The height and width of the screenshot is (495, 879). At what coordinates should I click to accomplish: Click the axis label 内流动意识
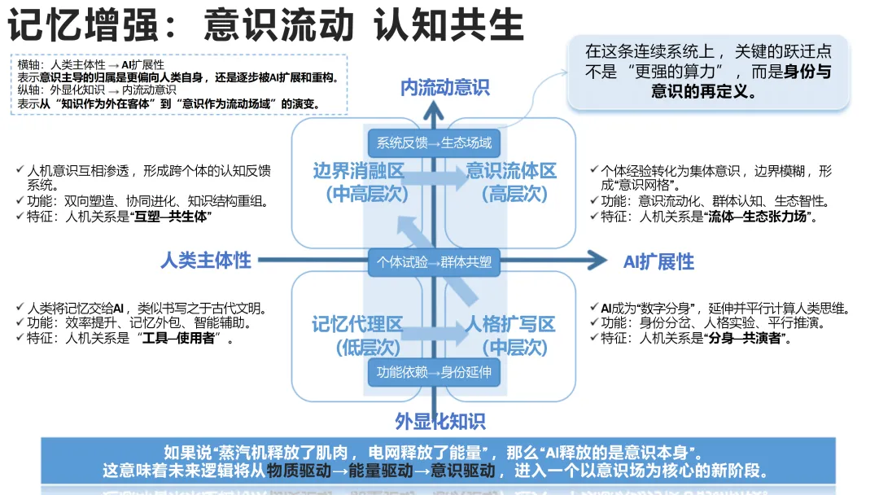tap(444, 88)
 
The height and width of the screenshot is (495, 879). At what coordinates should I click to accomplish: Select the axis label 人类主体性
tap(206, 261)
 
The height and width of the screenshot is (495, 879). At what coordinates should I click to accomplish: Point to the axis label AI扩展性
tap(658, 261)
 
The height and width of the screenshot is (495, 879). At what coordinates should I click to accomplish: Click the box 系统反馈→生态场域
tap(434, 143)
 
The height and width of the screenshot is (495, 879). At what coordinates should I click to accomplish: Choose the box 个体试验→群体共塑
tap(434, 262)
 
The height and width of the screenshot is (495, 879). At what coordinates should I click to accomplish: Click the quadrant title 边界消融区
tap(358, 172)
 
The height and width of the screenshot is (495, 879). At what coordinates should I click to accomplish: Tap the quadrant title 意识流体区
tap(511, 172)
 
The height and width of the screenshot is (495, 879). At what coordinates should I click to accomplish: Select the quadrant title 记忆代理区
tap(357, 325)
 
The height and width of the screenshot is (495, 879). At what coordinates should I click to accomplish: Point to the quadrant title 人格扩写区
tap(510, 325)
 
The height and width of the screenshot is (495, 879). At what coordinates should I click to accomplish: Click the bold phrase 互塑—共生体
tap(172, 217)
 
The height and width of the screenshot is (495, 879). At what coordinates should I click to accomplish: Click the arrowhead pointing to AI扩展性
tap(598, 261)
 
